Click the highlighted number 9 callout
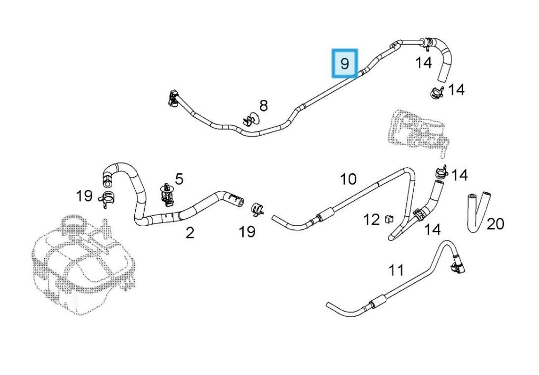pyautogui.click(x=345, y=64)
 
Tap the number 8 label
pyautogui.click(x=263, y=106)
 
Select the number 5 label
pyautogui.click(x=179, y=179)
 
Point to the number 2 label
pyautogui.click(x=189, y=232)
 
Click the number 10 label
pyautogui.click(x=348, y=179)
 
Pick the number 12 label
pyautogui.click(x=372, y=219)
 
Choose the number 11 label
pyautogui.click(x=396, y=270)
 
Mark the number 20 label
pyautogui.click(x=495, y=224)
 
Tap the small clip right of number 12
pyautogui.click(x=390, y=219)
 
